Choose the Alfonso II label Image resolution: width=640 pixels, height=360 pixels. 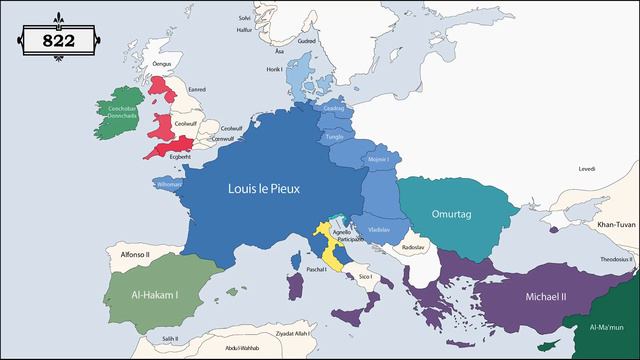point(135,255)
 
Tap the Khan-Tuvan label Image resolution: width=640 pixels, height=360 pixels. point(604,226)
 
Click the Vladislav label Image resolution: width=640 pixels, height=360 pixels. point(379,229)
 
